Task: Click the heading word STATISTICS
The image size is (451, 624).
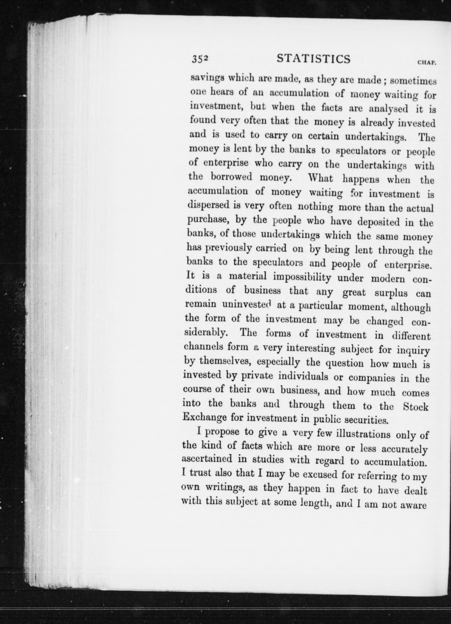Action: [x=314, y=59]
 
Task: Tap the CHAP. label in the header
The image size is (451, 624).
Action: [x=427, y=63]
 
